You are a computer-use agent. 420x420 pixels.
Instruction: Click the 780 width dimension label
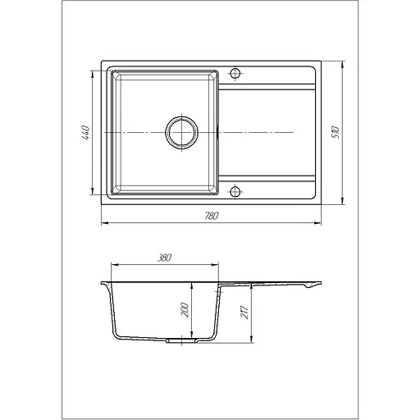(x=212, y=216)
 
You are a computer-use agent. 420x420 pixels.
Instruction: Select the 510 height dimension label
(x=336, y=133)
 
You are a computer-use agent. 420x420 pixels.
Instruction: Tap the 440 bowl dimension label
(x=85, y=133)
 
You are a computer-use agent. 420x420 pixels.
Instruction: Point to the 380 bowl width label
(x=164, y=258)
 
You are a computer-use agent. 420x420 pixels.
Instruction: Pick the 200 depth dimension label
(x=185, y=310)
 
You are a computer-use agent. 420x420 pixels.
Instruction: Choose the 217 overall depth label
(x=244, y=312)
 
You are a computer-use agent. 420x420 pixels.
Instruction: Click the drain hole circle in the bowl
(x=182, y=133)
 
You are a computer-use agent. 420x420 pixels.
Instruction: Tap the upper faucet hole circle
(x=235, y=73)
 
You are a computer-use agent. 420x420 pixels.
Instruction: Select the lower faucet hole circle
(x=235, y=192)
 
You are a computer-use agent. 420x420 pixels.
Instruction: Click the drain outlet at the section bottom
(x=182, y=340)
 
